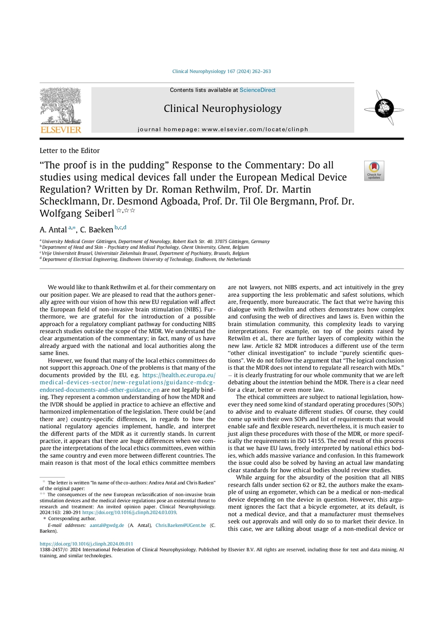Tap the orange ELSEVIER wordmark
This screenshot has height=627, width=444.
(x=61, y=130)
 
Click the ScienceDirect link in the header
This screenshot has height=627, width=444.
(x=258, y=90)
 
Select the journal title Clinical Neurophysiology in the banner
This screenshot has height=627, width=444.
(x=222, y=108)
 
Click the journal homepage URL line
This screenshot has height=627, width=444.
(x=222, y=129)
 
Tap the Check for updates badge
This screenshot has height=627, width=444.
(x=374, y=171)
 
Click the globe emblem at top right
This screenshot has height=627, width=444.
(x=384, y=108)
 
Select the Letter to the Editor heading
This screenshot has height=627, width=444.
(x=69, y=151)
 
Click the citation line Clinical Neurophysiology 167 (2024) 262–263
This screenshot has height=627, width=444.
(x=222, y=71)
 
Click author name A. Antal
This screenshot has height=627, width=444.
(x=53, y=230)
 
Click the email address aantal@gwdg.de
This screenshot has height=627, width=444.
(x=107, y=525)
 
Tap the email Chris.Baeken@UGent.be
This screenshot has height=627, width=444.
(x=180, y=525)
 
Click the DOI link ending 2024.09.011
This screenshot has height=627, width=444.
(x=86, y=544)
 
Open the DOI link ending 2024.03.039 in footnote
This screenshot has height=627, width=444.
(x=129, y=513)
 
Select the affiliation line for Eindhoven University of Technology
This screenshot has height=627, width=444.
(x=146, y=260)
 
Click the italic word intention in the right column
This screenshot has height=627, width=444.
(x=291, y=383)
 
